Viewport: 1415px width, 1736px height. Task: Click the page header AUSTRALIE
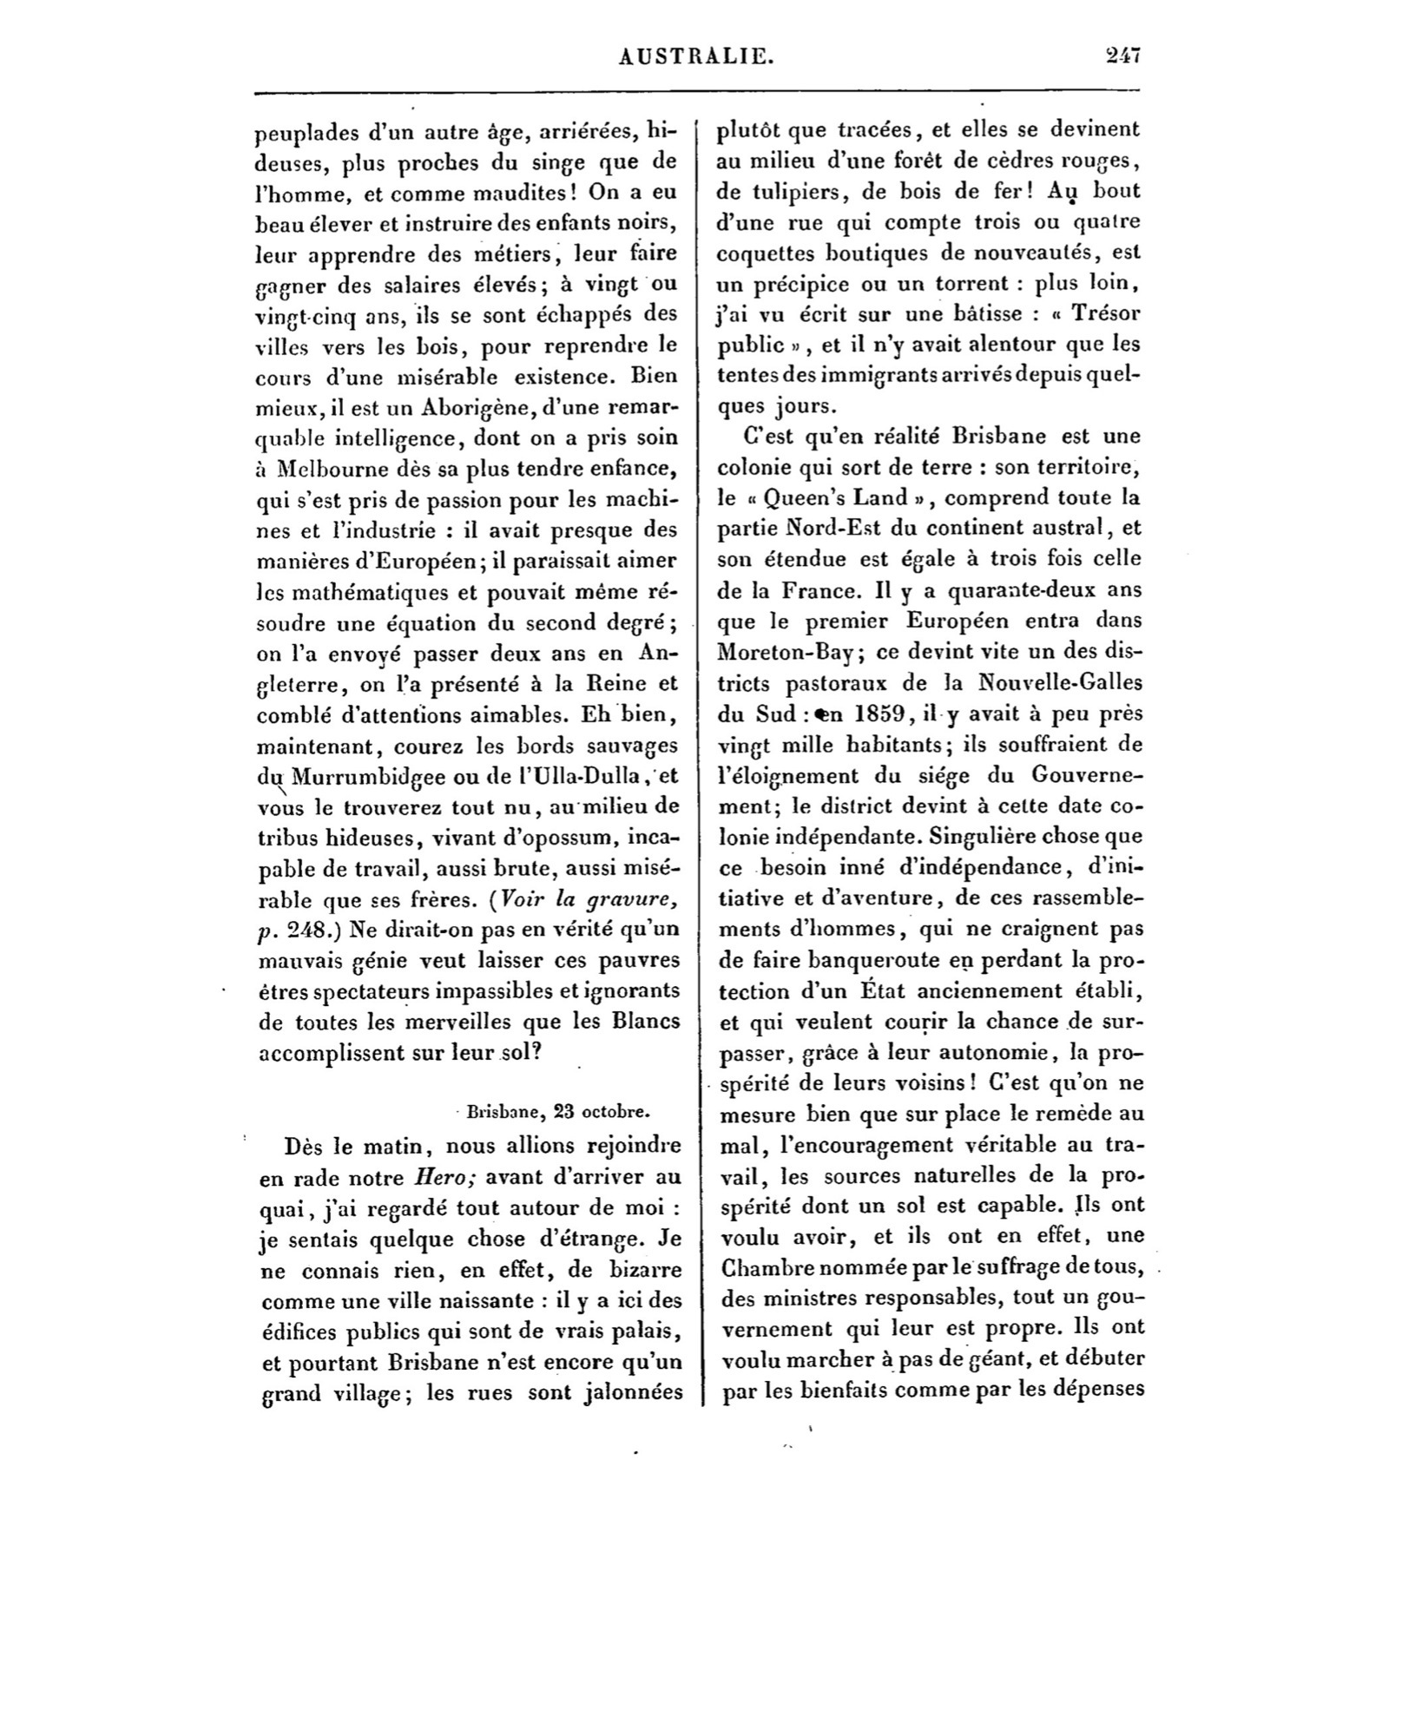(x=697, y=57)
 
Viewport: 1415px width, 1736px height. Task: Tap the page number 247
(x=1122, y=56)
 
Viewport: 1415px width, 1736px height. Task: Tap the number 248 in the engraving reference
(x=306, y=931)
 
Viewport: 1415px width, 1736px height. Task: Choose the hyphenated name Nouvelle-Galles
(x=1059, y=682)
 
